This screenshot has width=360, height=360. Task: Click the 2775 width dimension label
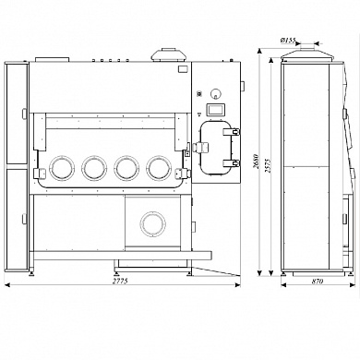[120, 281]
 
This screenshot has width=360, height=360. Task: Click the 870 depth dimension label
[318, 281]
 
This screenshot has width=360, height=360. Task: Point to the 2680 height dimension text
[256, 162]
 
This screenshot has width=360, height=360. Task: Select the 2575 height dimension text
[267, 165]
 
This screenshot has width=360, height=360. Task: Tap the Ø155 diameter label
[288, 40]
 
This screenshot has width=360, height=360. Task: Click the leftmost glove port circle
[62, 168]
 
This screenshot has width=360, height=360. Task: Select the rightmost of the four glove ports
[159, 168]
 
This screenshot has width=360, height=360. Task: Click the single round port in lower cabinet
[153, 224]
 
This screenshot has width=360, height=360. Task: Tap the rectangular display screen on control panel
[215, 110]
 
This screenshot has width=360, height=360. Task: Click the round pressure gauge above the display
[216, 93]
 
